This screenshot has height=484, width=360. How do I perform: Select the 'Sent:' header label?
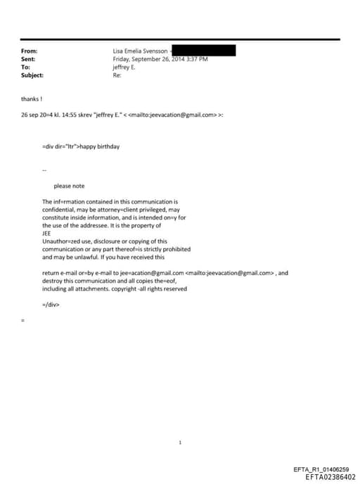click(x=28, y=59)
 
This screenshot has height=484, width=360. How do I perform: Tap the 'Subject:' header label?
click(x=32, y=75)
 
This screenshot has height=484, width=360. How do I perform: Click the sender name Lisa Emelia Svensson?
click(x=140, y=51)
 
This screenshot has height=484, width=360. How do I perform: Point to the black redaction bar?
click(x=203, y=50)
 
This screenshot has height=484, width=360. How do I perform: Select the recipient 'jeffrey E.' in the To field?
click(x=124, y=67)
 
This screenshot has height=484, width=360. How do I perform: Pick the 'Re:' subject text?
click(x=117, y=75)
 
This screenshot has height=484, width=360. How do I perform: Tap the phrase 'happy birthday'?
click(x=103, y=146)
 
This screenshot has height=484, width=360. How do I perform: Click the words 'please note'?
click(x=69, y=186)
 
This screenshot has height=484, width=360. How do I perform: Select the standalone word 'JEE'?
click(x=47, y=233)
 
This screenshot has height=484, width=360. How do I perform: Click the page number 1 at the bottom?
click(x=181, y=423)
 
